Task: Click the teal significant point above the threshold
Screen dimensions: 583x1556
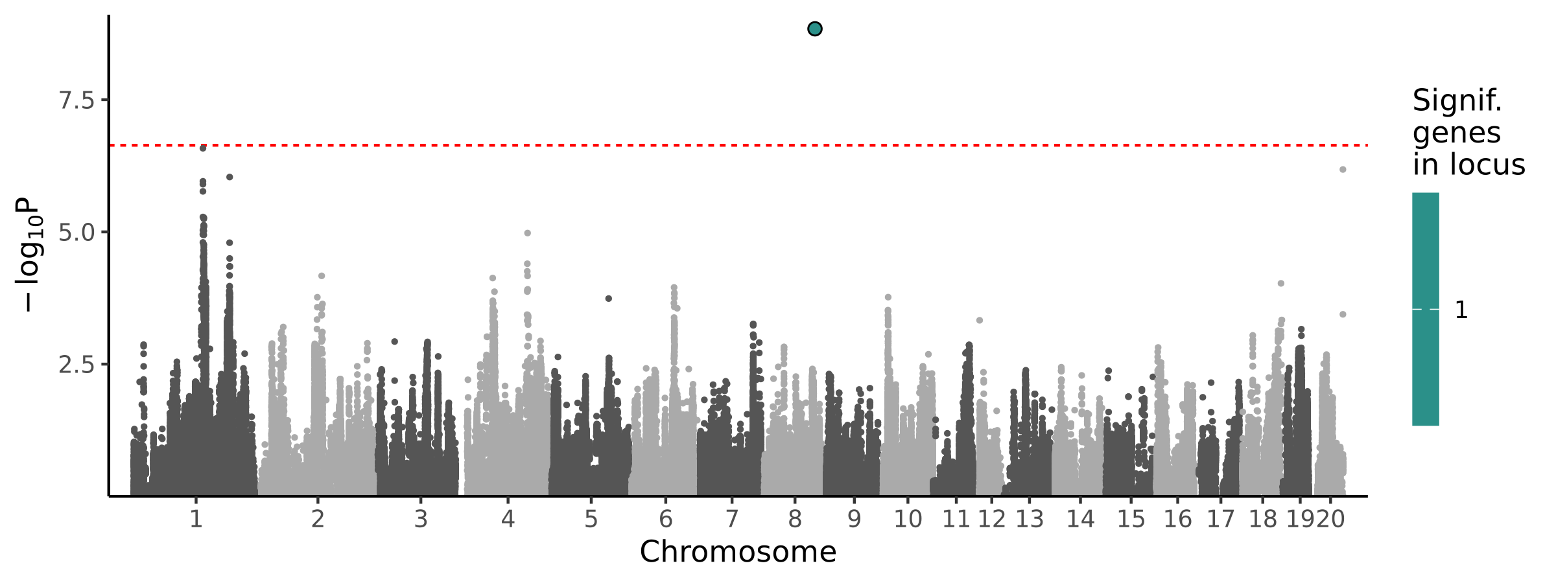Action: (x=815, y=29)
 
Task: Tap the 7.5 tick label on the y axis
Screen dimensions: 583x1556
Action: (x=77, y=101)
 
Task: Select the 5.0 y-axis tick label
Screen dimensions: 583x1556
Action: (x=77, y=233)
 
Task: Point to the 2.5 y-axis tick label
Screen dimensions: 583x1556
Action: (x=77, y=365)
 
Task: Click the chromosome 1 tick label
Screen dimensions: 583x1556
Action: (x=196, y=520)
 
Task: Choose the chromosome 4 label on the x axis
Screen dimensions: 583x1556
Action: (x=508, y=520)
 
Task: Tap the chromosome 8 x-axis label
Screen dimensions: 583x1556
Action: (x=795, y=520)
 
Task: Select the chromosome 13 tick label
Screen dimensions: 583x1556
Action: (x=1030, y=520)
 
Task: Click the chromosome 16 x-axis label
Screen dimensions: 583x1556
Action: (x=1177, y=520)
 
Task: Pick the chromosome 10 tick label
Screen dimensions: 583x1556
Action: (x=908, y=520)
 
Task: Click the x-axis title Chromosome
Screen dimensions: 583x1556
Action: (x=738, y=553)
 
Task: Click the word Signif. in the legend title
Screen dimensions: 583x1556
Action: (x=1457, y=101)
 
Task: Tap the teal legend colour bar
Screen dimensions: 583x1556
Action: (x=1426, y=309)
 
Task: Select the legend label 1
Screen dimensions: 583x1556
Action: (x=1461, y=310)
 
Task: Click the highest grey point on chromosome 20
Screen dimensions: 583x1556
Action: (x=1343, y=170)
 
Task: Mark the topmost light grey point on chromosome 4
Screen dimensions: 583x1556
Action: (x=528, y=233)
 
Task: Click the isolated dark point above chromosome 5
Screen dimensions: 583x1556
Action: (x=608, y=299)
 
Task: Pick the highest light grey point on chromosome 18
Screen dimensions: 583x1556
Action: (x=1280, y=284)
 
